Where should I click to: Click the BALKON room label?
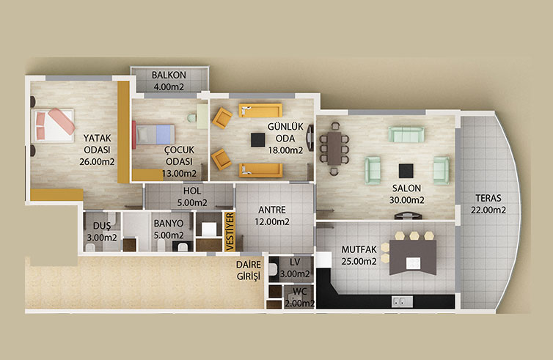[x=169, y=75]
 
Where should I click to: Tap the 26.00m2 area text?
[x=97, y=162]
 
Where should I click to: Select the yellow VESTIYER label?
[x=230, y=232]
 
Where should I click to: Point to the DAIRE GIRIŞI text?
[x=249, y=270]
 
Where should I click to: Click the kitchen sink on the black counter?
[x=403, y=301]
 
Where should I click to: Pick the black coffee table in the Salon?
[x=406, y=171]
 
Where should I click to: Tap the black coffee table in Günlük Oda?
[x=258, y=140]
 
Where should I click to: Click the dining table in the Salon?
[x=334, y=148]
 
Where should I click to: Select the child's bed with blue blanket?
[x=154, y=134]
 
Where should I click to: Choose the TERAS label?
[x=488, y=198]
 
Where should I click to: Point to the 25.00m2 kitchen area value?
[x=359, y=261]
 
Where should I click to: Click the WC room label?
[x=299, y=292]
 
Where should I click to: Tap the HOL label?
[x=192, y=191]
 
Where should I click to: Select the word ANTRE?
[x=272, y=210]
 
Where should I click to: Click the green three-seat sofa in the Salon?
[x=406, y=134]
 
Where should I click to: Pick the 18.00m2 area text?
[x=285, y=150]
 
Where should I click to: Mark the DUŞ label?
[x=102, y=226]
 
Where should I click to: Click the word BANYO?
[x=169, y=224]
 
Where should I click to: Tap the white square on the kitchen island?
[x=413, y=263]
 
